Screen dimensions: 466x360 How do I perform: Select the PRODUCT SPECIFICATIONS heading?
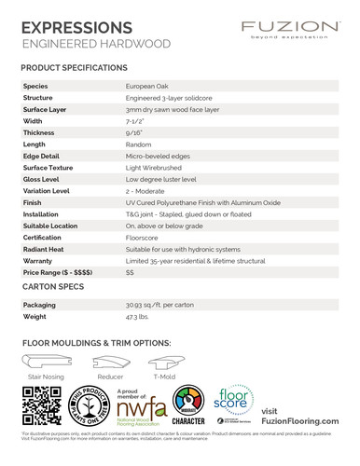click(74, 68)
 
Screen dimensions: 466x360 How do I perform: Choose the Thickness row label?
click(39, 132)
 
